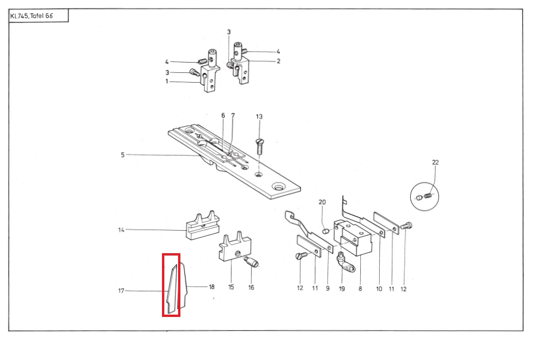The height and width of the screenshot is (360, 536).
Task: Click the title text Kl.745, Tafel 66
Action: (x=32, y=16)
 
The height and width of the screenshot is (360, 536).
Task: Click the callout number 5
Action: (x=122, y=154)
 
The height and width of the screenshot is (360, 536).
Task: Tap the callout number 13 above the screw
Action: (x=259, y=117)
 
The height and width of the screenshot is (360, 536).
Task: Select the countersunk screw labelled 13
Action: (x=259, y=144)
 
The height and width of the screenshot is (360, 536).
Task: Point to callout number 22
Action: (x=435, y=162)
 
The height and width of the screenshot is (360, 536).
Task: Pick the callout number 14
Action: (x=121, y=230)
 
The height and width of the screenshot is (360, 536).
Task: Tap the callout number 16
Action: (x=251, y=287)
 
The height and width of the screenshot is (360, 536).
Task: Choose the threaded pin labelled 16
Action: (x=252, y=263)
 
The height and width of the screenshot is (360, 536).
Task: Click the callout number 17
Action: (x=121, y=291)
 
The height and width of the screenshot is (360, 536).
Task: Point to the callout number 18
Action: (x=211, y=287)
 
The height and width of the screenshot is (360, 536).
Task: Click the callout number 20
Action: (x=322, y=202)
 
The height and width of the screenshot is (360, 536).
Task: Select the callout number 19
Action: (x=342, y=288)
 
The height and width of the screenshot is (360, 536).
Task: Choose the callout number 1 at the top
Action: (x=167, y=82)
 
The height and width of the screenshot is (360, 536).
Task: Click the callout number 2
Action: (x=278, y=61)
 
